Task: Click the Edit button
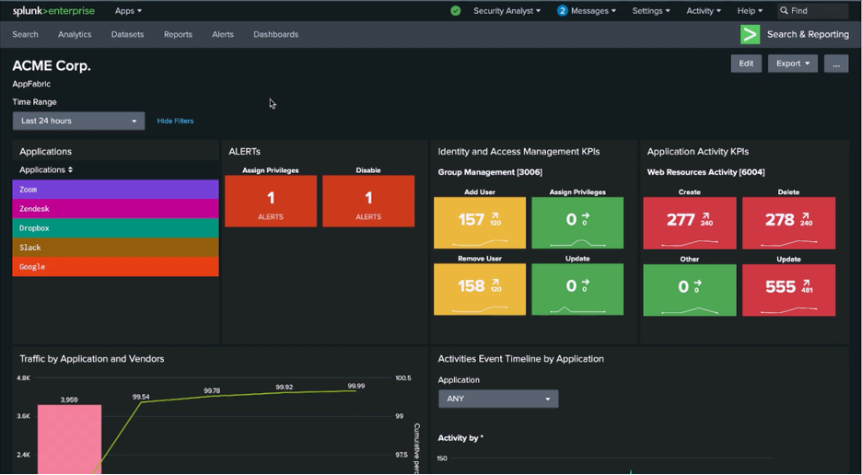click(746, 64)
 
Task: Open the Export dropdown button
click(792, 64)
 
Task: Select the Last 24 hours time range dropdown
click(78, 121)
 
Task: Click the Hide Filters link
click(175, 121)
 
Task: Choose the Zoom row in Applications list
click(115, 190)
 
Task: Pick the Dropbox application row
click(115, 228)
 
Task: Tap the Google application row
click(115, 267)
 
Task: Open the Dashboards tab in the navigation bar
click(275, 34)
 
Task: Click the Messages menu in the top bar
click(587, 11)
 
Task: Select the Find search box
click(815, 11)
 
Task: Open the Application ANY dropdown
click(498, 399)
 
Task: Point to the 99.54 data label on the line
click(141, 397)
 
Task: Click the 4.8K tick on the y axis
click(23, 378)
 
